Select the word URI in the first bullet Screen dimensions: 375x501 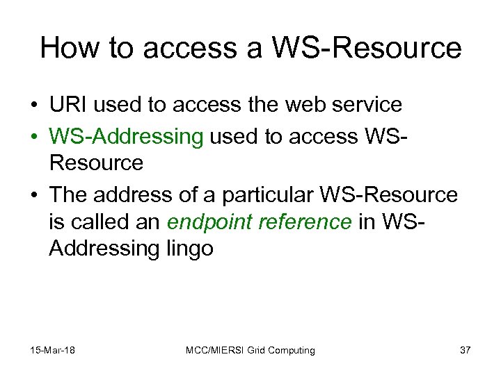click(67, 106)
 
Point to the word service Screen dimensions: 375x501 click(367, 106)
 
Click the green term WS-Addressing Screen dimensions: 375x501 click(125, 137)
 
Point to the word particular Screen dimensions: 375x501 click(276, 195)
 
